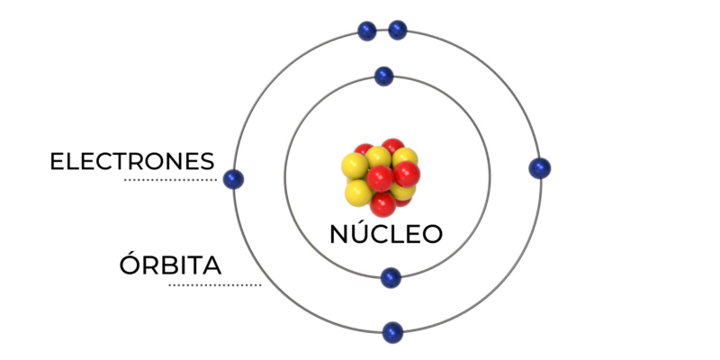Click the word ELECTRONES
[x=132, y=162]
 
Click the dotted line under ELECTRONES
[x=170, y=180]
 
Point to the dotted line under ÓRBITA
[x=215, y=285]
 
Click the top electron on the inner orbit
[x=384, y=76]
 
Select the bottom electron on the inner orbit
[x=391, y=278]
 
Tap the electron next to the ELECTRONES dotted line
[x=233, y=179]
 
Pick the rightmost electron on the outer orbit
[x=539, y=168]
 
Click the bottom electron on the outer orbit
[x=392, y=332]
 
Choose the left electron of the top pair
[x=367, y=31]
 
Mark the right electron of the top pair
[x=398, y=31]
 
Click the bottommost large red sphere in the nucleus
[x=383, y=204]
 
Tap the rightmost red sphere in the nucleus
[x=407, y=174]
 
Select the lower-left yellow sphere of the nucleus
[x=358, y=193]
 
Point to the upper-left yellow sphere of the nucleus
[x=355, y=166]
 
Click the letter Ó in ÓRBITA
[x=130, y=263]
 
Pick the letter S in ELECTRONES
[x=208, y=162]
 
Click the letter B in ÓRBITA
[x=169, y=265]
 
